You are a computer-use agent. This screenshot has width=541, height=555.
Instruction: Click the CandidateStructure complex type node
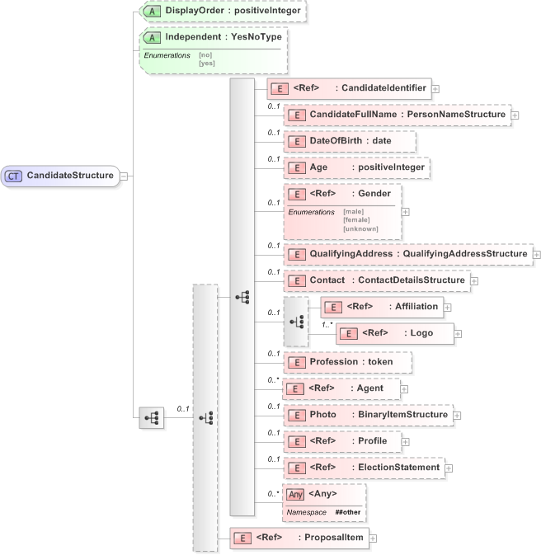[62, 176]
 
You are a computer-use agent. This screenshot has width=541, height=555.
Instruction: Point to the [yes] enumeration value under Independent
[207, 63]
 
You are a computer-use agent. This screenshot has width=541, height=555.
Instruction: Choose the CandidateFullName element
[397, 115]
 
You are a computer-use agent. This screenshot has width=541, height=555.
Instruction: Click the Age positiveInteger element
[356, 167]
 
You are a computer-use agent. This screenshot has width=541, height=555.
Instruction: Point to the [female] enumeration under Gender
[357, 219]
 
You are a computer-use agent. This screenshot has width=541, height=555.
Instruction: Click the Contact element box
[376, 280]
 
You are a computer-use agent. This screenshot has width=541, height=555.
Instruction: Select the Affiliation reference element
[381, 307]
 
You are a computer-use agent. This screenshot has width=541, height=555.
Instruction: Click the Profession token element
[347, 362]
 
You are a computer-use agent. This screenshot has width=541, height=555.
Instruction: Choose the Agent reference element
[341, 388]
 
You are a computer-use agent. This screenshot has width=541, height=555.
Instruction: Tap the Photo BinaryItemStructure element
[368, 415]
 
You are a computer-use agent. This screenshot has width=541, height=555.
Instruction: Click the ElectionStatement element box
[363, 468]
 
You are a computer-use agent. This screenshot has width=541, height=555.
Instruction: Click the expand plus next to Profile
[406, 441]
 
